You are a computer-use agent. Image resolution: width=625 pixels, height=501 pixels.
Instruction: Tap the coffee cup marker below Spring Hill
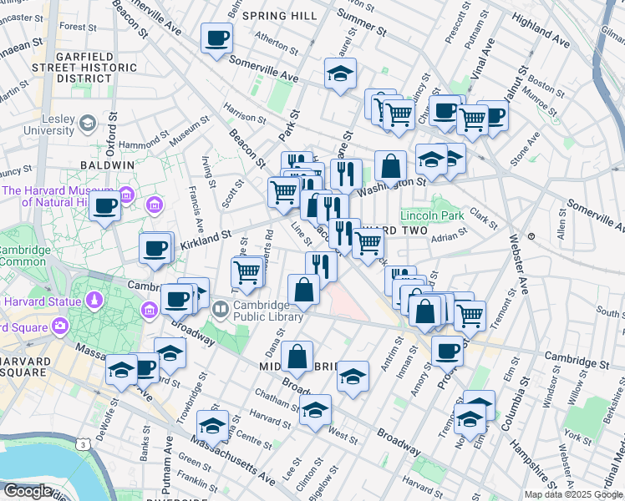[x=216, y=38]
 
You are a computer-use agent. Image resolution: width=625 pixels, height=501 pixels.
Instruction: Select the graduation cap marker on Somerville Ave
[x=340, y=74]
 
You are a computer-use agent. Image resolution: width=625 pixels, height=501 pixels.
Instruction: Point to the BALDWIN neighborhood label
[x=107, y=165]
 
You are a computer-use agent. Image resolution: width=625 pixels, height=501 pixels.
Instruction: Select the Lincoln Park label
[x=432, y=215]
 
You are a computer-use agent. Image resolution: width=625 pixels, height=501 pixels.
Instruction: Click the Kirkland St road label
[x=205, y=238]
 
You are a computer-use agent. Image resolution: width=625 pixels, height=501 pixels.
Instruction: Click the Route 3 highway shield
[x=84, y=446]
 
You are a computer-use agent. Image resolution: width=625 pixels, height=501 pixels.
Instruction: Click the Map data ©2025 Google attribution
[x=572, y=494]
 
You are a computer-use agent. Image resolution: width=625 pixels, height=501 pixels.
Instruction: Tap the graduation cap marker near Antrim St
[x=353, y=377]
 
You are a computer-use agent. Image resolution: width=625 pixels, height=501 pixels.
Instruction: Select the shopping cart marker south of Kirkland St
[x=247, y=271]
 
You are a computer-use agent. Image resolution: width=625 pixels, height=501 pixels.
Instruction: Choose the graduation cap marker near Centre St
[x=213, y=427]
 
